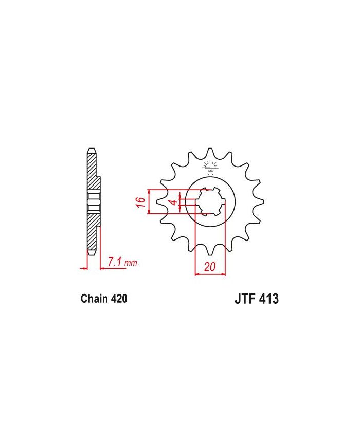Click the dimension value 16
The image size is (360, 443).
click(x=139, y=201)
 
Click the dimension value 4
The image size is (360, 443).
click(x=174, y=202)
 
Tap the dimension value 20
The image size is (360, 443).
click(x=209, y=267)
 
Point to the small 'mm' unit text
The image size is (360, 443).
click(x=131, y=263)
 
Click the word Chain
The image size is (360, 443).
click(x=94, y=299)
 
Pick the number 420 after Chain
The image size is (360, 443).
click(x=118, y=299)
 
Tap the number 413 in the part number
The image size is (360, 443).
click(x=267, y=299)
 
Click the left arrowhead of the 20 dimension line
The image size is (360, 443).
click(x=197, y=274)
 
